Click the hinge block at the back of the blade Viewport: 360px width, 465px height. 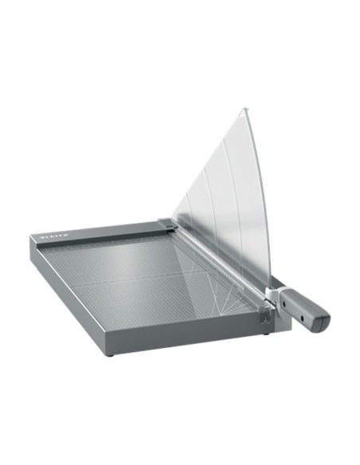click(166, 225)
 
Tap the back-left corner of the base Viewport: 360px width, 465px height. click(33, 236)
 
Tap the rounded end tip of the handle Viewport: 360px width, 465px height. click(327, 322)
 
